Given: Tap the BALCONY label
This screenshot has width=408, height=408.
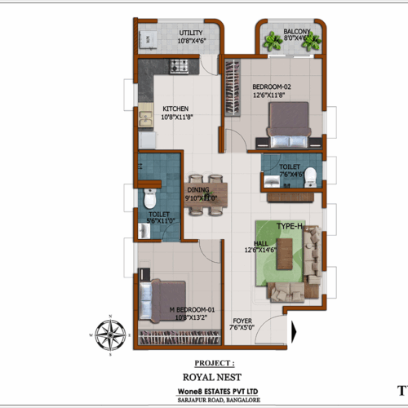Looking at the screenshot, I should tap(295, 34).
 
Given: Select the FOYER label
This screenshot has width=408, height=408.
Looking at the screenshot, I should tap(242, 321).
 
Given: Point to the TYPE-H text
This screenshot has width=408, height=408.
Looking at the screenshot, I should tap(290, 224).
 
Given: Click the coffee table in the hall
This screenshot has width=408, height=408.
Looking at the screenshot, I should tap(284, 254).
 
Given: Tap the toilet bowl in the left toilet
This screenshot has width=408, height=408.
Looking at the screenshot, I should tap(149, 200).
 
